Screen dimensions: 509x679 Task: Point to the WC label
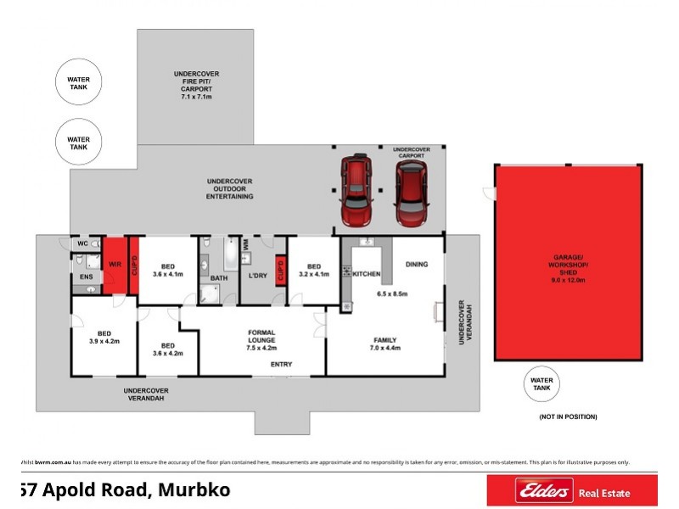click(82, 244)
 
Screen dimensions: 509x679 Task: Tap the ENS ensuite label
click(85, 276)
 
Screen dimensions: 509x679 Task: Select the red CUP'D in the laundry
click(279, 273)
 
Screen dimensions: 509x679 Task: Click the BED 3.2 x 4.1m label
click(313, 269)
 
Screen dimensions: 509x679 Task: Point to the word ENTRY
click(281, 365)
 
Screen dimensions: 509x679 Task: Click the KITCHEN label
click(367, 274)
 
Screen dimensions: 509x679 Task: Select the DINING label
click(417, 264)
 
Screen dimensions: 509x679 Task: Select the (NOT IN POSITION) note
click(568, 417)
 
